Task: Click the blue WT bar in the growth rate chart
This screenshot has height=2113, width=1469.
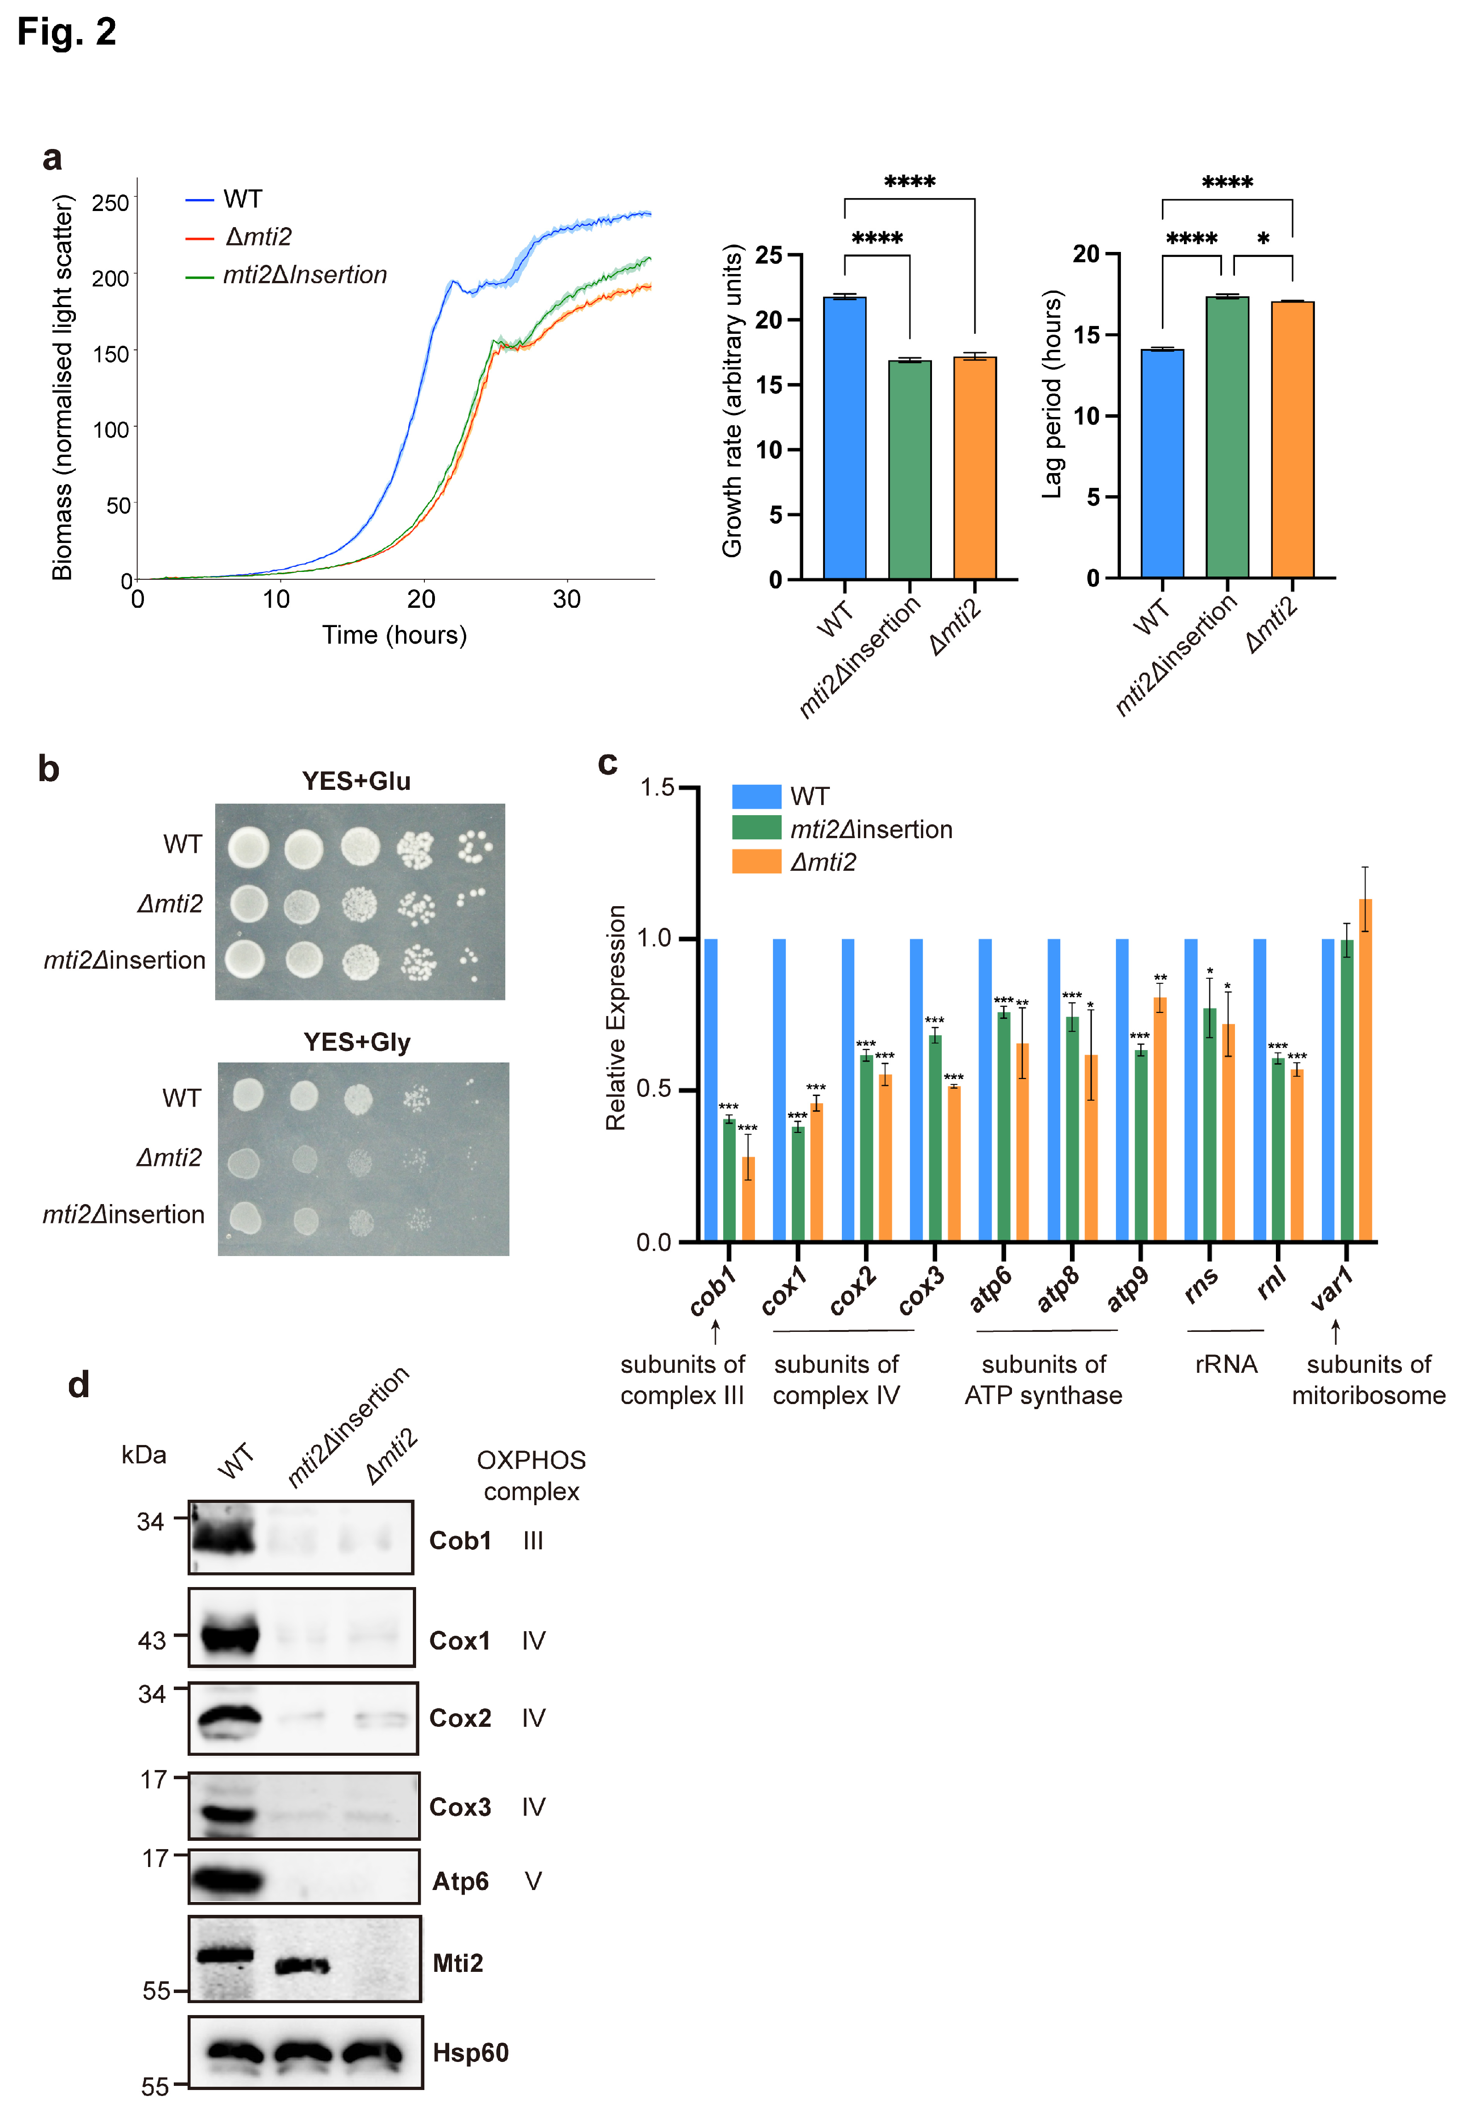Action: (844, 437)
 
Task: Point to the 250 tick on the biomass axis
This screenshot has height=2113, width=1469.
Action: (110, 202)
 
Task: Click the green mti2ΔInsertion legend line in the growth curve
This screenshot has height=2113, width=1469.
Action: (200, 276)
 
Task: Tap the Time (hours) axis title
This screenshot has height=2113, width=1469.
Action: (394, 635)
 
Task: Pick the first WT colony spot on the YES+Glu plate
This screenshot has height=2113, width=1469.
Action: (249, 847)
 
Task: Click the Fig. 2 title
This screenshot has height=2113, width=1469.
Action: (66, 32)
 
